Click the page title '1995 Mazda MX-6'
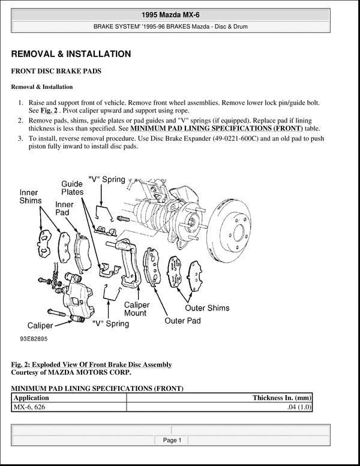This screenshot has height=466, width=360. (180, 14)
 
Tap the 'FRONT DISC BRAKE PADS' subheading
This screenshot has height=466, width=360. (56, 71)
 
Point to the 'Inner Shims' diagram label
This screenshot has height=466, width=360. (30, 197)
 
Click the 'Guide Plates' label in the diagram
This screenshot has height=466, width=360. (72, 189)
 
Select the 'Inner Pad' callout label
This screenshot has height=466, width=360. (65, 208)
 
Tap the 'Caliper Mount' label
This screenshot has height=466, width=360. (137, 309)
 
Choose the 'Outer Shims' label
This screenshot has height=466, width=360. (207, 308)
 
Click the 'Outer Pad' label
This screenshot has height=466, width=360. (183, 321)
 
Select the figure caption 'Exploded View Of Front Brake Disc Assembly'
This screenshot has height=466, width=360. (102, 365)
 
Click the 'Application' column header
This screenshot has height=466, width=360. (31, 398)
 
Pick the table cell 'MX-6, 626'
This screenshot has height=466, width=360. (29, 407)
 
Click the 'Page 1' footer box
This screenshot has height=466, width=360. (172, 440)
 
